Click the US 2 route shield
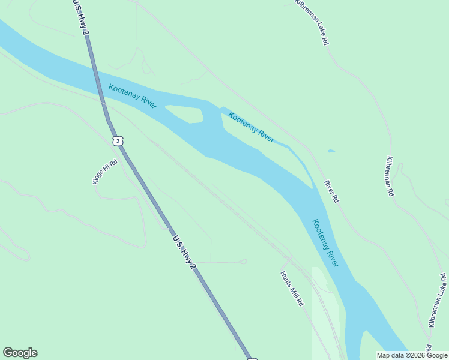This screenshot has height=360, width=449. pyautogui.click(x=118, y=140)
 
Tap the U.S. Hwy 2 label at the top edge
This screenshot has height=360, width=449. pyautogui.click(x=80, y=17)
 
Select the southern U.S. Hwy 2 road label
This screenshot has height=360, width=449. pyautogui.click(x=184, y=252)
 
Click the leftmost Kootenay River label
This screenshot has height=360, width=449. pyautogui.click(x=133, y=96)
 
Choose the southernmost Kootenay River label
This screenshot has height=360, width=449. pyautogui.click(x=324, y=243)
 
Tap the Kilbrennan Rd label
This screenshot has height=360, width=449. pyautogui.click(x=390, y=176)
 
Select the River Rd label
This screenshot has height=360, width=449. pyautogui.click(x=331, y=191)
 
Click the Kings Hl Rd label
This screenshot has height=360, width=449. pyautogui.click(x=103, y=172)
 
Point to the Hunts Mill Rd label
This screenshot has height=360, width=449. pyautogui.click(x=292, y=289)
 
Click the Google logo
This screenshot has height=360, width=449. pyautogui.click(x=20, y=353)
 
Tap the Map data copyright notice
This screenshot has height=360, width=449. pyautogui.click(x=412, y=355)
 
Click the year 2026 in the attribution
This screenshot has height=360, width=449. pyautogui.click(x=414, y=355)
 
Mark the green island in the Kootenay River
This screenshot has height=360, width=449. pyautogui.click(x=185, y=113)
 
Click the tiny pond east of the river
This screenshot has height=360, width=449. pyautogui.click(x=332, y=151)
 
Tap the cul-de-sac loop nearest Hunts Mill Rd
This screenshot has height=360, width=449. pyautogui.click(x=243, y=262)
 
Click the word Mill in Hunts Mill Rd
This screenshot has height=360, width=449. pyautogui.click(x=292, y=289)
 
